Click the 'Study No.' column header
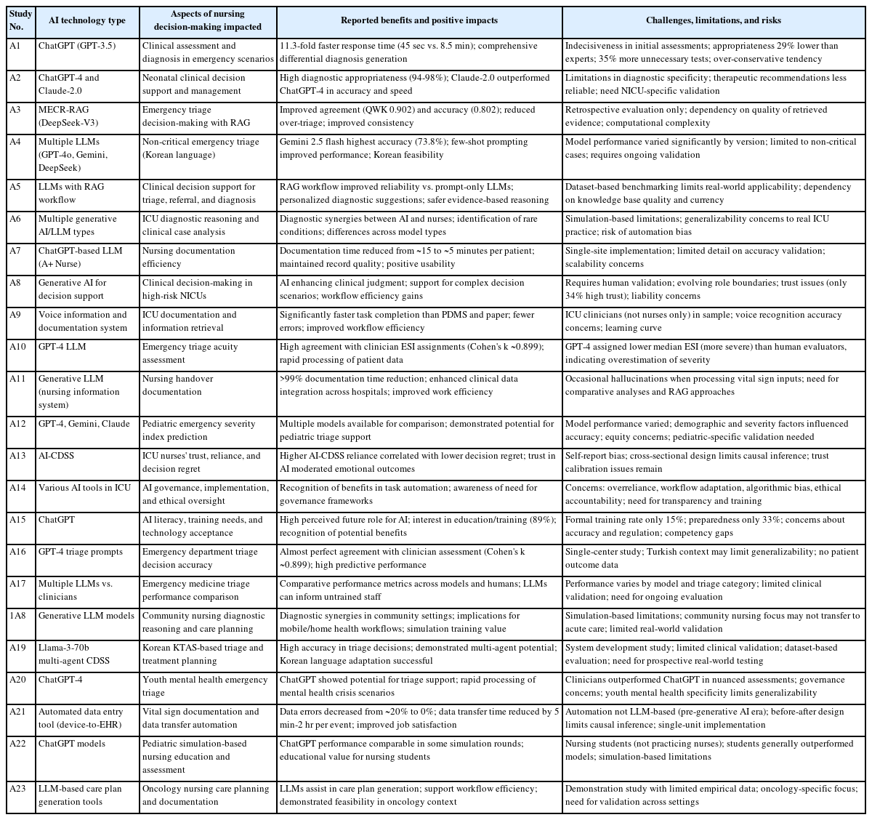[x=17, y=20]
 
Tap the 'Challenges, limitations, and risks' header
[x=713, y=20]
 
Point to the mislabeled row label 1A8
[x=17, y=616]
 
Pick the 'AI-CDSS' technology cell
[x=57, y=456]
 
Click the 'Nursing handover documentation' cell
[x=187, y=385]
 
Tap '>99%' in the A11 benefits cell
[x=290, y=379]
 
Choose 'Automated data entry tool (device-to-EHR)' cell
[x=81, y=718]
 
